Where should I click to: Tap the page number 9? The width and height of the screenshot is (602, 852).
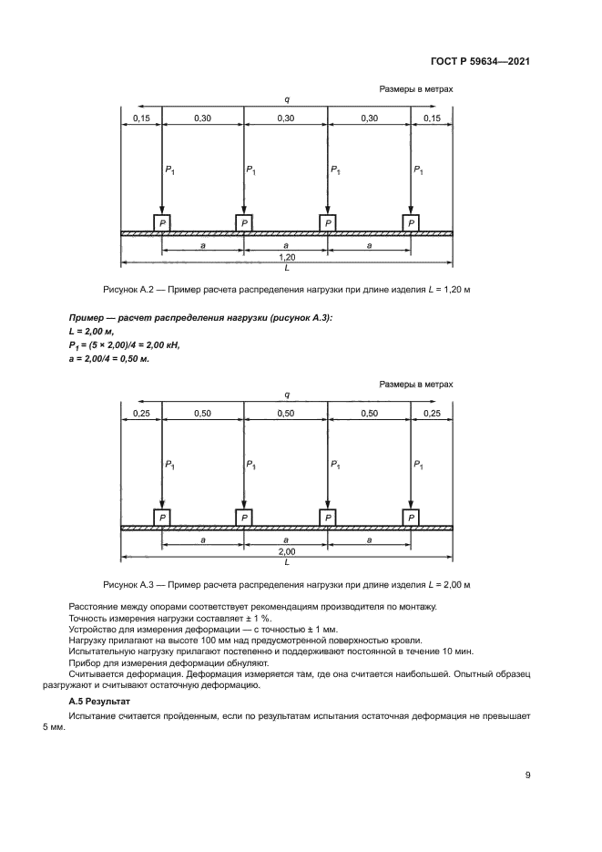click(x=527, y=775)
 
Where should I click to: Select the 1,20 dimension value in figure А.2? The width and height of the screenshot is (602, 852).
click(x=286, y=258)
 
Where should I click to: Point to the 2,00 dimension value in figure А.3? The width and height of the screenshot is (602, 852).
click(x=286, y=552)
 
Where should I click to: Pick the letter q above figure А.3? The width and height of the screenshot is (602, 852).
click(x=287, y=395)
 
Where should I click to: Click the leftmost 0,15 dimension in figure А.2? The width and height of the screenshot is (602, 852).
click(x=140, y=118)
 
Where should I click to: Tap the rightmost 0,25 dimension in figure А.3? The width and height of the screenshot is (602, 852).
click(x=433, y=413)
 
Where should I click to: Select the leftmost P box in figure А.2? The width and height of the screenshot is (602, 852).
click(x=161, y=223)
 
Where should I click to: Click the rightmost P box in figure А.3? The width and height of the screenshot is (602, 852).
click(x=412, y=518)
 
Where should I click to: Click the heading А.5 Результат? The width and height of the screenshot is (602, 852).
click(x=100, y=703)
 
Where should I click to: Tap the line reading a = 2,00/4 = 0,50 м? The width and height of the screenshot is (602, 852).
click(x=108, y=358)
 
